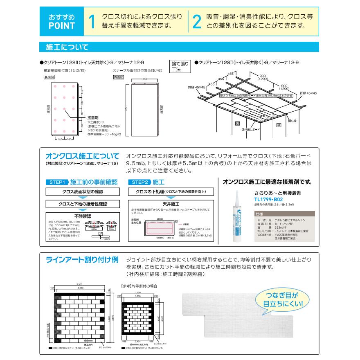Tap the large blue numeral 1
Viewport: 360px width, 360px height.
(x=92, y=22)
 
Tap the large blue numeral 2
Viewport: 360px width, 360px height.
(x=197, y=22)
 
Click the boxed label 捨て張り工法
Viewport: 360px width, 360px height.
(x=180, y=66)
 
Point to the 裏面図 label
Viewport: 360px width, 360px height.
(x=49, y=77)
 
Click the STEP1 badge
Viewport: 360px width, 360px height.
(x=57, y=182)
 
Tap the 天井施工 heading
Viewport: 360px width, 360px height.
(x=171, y=203)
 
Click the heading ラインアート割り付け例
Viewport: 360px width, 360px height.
(x=82, y=260)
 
